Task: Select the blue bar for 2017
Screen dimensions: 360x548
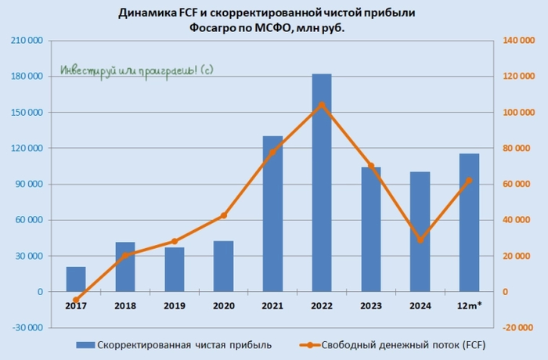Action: (x=76, y=279)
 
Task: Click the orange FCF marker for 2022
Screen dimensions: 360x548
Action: (x=322, y=105)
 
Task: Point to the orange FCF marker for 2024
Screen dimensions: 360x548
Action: (x=420, y=239)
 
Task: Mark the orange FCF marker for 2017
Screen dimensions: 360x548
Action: (x=76, y=300)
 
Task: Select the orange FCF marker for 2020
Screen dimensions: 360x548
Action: (x=224, y=215)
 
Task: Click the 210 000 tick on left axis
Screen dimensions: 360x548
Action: (x=28, y=41)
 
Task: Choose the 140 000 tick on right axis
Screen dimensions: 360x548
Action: (x=518, y=41)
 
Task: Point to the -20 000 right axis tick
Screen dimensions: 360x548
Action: (x=518, y=328)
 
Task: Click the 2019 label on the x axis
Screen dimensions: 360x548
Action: (x=175, y=306)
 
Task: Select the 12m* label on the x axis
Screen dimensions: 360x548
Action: (x=469, y=306)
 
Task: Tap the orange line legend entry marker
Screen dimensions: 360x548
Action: (x=309, y=344)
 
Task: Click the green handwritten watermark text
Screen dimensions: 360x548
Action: (x=137, y=70)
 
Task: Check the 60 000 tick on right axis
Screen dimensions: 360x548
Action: (x=518, y=184)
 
